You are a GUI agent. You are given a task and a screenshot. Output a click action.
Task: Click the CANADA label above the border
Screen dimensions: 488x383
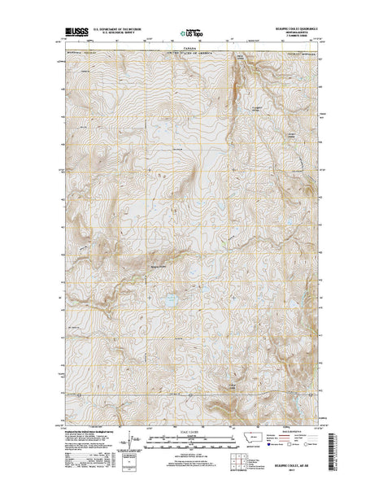pos(190,48)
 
